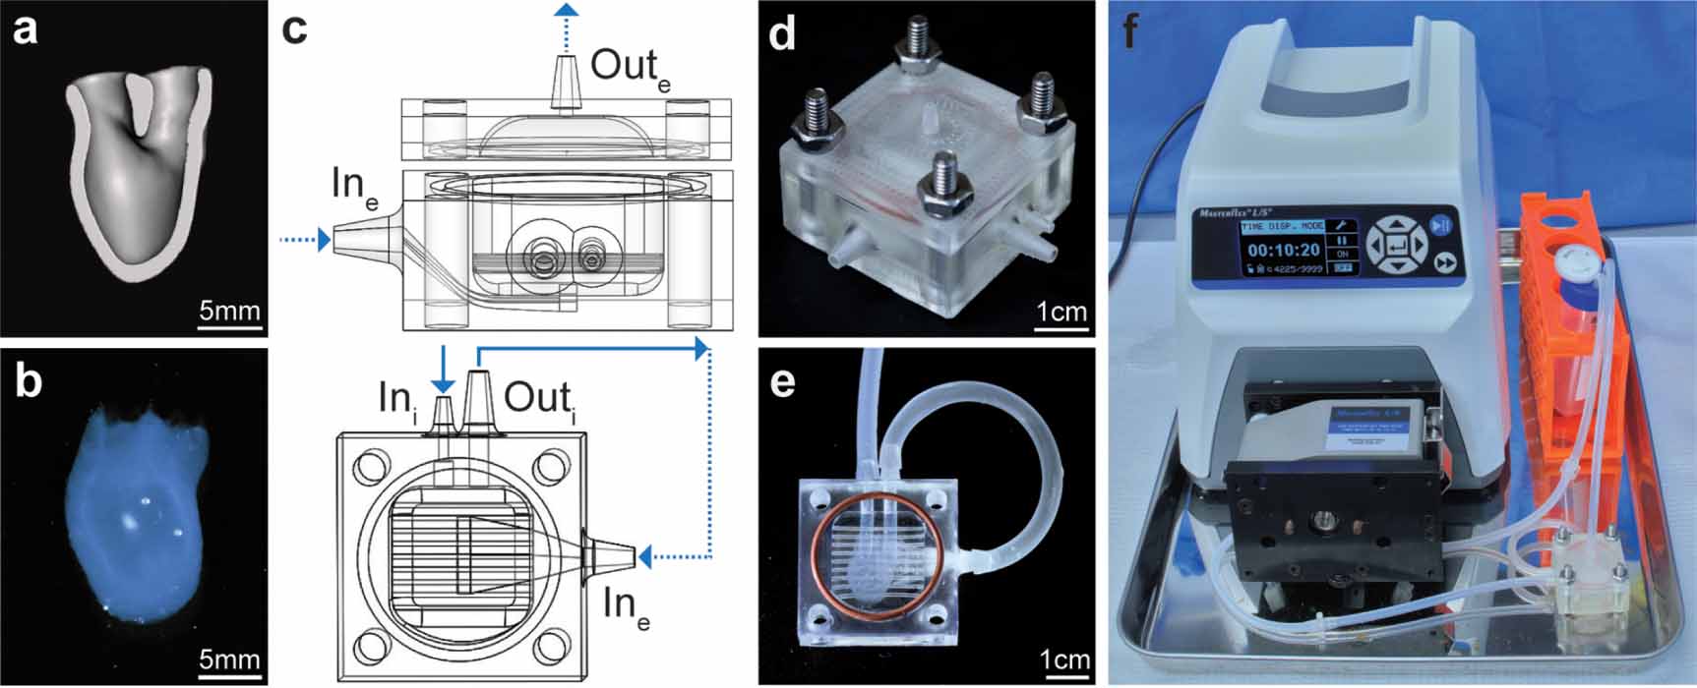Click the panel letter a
(25, 29)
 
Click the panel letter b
(27, 381)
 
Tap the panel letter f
(1130, 31)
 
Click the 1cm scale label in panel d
(1061, 312)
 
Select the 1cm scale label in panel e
(1065, 659)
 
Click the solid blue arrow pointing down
(444, 369)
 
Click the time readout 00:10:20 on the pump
(1283, 251)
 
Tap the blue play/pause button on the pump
(1442, 224)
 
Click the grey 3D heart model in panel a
(138, 167)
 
